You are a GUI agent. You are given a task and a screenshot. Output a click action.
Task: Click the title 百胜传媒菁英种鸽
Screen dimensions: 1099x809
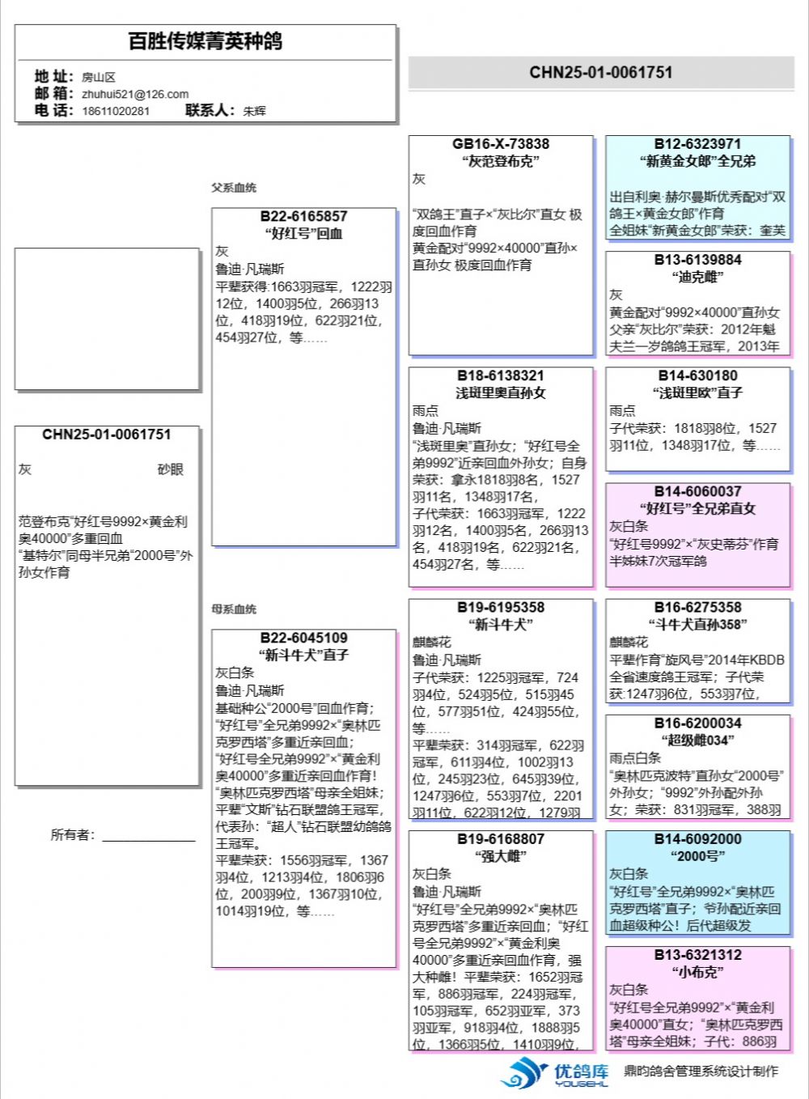205,41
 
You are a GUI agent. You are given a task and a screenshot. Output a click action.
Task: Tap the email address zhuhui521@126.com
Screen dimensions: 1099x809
135,94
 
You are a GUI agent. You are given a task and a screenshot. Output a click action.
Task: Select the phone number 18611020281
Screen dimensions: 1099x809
116,111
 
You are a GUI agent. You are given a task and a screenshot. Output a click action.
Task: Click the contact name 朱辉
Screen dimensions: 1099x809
254,111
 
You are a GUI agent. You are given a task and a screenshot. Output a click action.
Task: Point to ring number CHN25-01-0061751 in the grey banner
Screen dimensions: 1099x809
601,72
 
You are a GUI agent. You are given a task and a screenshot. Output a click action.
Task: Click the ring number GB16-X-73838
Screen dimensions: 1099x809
501,144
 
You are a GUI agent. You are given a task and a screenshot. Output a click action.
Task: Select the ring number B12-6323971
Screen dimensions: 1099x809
697,144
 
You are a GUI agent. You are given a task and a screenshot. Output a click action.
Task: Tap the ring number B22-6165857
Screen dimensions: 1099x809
303,216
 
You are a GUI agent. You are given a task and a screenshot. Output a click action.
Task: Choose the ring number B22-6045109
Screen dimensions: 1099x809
303,638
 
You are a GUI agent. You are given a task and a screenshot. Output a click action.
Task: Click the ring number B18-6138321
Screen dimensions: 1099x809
501,376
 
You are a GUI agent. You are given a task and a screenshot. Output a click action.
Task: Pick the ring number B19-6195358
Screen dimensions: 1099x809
501,607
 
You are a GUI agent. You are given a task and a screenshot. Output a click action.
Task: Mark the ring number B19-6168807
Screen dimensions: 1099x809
501,839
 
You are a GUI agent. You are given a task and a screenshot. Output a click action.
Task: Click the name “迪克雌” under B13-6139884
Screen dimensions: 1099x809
697,277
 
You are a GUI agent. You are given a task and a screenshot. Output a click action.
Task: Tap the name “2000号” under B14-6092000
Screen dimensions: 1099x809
697,856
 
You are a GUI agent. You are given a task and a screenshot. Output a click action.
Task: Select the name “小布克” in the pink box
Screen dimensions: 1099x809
697,972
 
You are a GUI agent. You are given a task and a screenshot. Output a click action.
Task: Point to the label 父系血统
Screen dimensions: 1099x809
234,188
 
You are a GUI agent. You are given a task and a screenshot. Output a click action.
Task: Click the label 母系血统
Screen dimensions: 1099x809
234,609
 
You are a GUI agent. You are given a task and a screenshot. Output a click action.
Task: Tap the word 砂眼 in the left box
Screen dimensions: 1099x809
170,469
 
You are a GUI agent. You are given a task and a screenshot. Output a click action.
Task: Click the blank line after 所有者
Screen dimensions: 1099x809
149,836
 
